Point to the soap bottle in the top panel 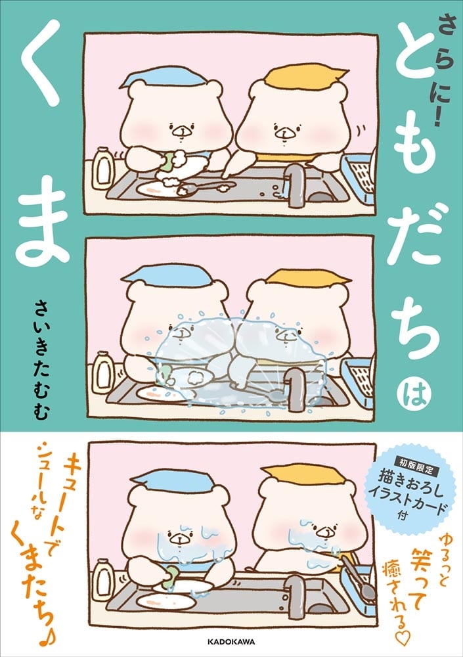pos(102,167)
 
